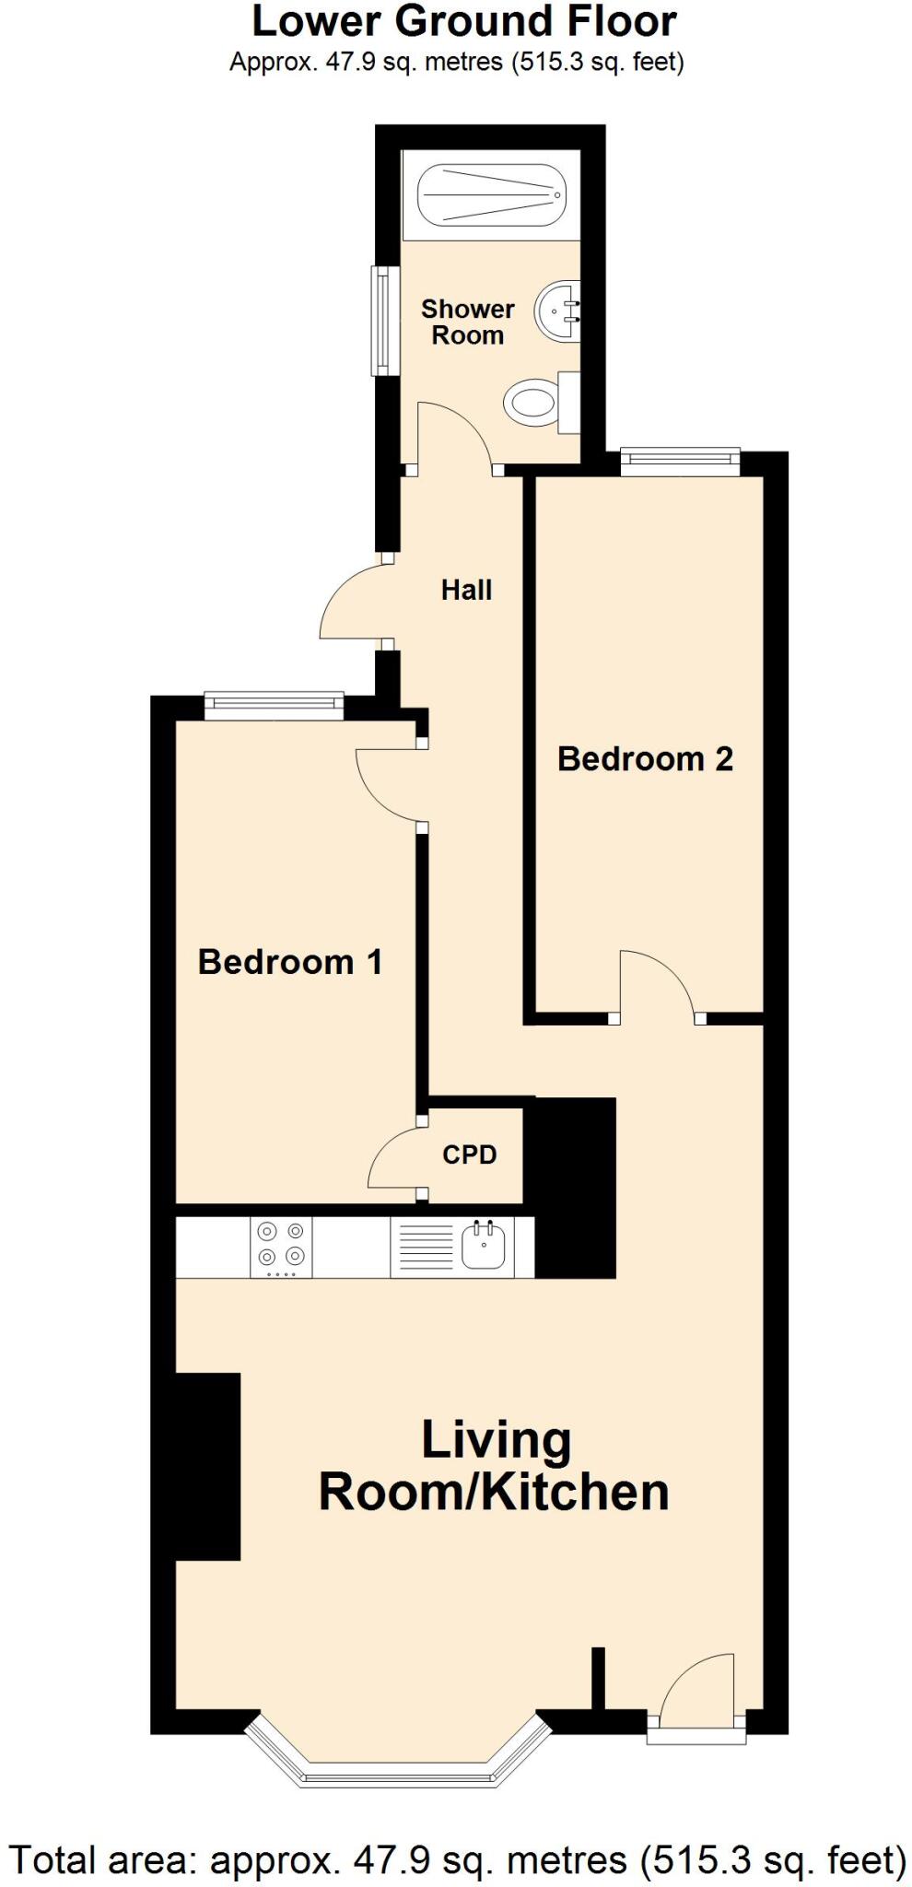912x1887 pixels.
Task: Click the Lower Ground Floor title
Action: (x=463, y=22)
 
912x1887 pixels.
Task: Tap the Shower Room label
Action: (x=467, y=322)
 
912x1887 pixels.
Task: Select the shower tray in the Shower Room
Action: (x=490, y=195)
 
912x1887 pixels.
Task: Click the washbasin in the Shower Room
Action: (x=558, y=311)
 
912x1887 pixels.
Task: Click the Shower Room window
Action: (x=385, y=321)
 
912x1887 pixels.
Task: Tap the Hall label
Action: (x=466, y=590)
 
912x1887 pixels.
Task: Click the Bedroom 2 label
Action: (x=645, y=758)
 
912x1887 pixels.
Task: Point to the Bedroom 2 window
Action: (x=680, y=460)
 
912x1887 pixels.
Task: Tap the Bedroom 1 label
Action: (x=289, y=961)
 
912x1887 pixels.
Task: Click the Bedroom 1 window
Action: (x=274, y=706)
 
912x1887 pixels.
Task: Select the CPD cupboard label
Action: (x=469, y=1154)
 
